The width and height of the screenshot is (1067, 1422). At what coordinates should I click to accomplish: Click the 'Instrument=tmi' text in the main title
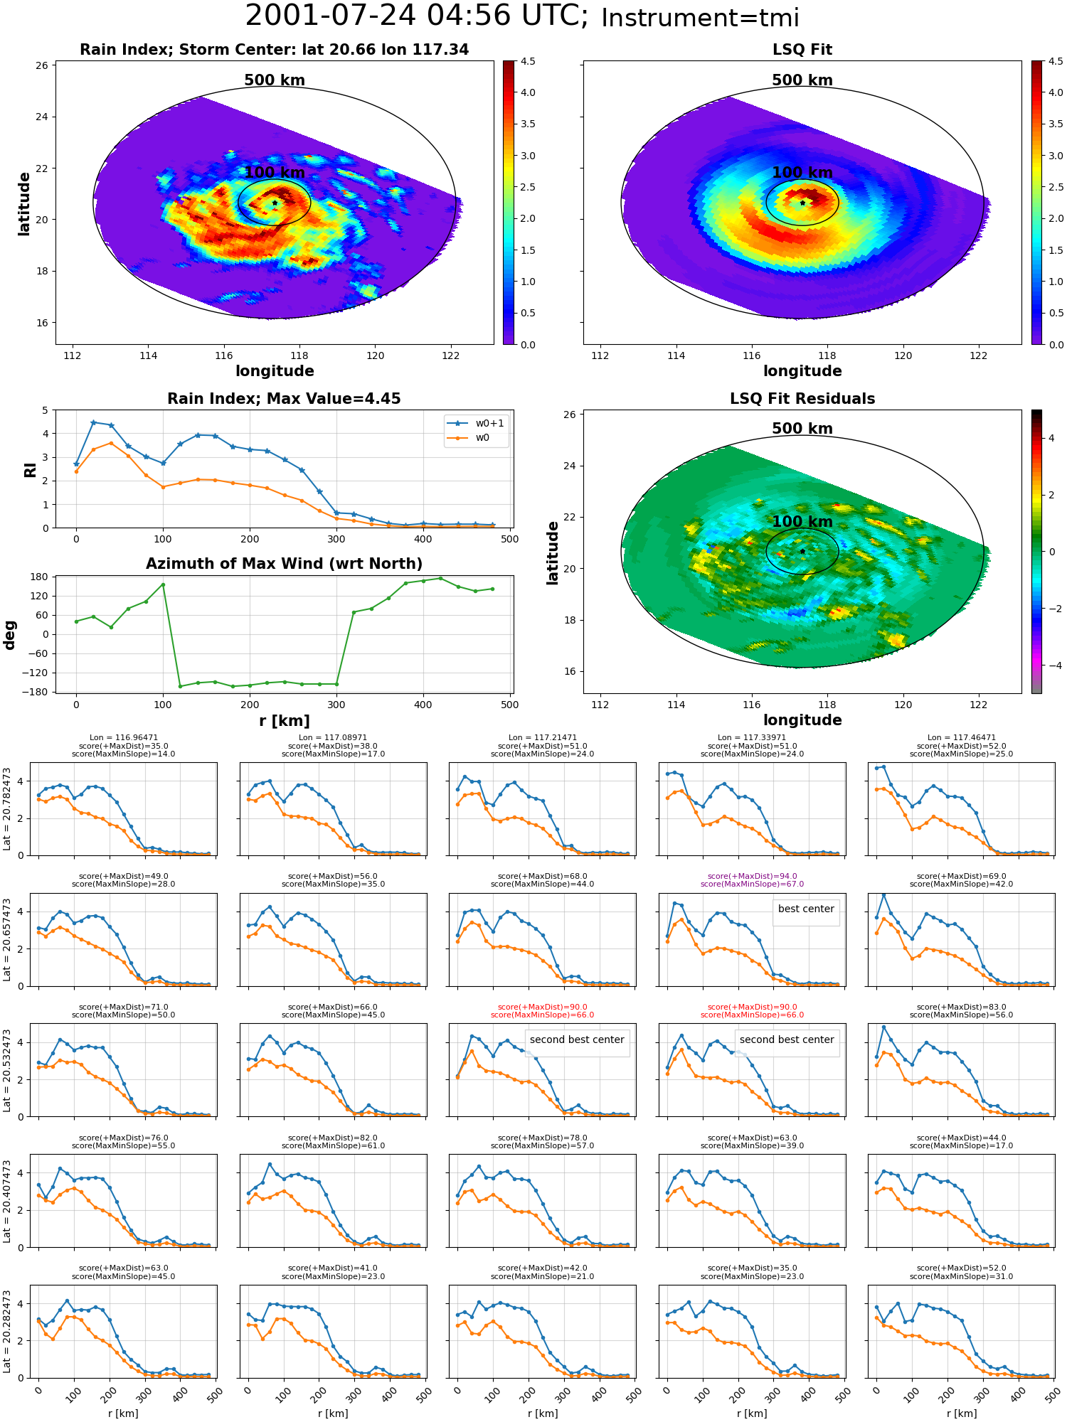(700, 18)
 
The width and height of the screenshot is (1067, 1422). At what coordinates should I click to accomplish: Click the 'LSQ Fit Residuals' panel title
(802, 399)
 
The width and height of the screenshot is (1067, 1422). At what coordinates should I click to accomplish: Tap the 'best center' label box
(806, 909)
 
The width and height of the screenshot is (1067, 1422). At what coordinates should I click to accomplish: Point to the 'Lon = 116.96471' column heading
(124, 738)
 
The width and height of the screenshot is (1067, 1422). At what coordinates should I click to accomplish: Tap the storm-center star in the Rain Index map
(275, 203)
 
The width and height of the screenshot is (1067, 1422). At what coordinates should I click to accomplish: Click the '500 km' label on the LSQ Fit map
(802, 80)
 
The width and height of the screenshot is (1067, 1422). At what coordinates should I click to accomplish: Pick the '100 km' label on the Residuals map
(802, 522)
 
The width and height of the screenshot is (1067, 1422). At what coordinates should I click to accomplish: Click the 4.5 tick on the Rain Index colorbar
(528, 61)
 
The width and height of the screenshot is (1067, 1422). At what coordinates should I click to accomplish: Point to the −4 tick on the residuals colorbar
(1051, 665)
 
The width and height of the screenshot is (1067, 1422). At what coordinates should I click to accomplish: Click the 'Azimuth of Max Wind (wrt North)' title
(284, 564)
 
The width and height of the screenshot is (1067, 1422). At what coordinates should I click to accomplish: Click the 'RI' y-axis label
(30, 469)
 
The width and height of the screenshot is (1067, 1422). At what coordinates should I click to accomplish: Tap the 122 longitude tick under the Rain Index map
(450, 355)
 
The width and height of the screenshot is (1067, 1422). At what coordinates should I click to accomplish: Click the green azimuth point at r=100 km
(163, 584)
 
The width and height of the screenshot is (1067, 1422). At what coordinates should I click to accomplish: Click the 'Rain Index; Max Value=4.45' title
(284, 399)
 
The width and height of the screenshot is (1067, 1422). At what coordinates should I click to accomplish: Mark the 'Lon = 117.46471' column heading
(962, 738)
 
